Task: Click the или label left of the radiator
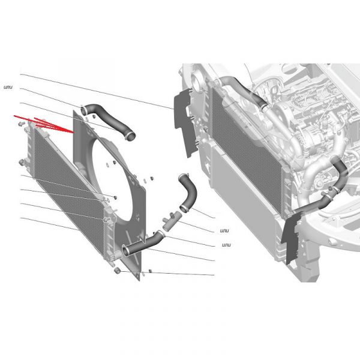click(8, 87)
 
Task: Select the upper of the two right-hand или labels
click(224, 230)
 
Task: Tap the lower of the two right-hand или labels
click(226, 245)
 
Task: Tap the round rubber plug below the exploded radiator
click(117, 271)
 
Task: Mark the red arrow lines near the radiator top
click(44, 124)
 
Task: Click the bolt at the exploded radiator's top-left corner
click(21, 124)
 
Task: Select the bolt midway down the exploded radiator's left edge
click(22, 163)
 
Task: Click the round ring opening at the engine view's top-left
click(197, 81)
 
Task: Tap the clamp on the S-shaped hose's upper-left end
click(83, 110)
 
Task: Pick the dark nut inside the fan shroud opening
click(115, 163)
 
